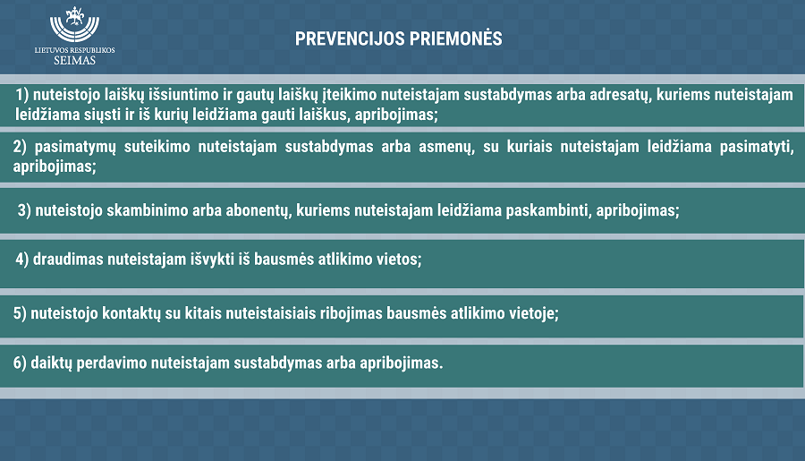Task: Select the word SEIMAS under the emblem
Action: (x=75, y=60)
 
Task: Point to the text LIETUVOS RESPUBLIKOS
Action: (x=75, y=50)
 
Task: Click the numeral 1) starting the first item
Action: (x=22, y=95)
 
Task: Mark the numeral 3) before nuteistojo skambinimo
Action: (x=24, y=210)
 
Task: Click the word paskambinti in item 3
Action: (x=548, y=210)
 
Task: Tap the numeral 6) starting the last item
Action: (x=20, y=363)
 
